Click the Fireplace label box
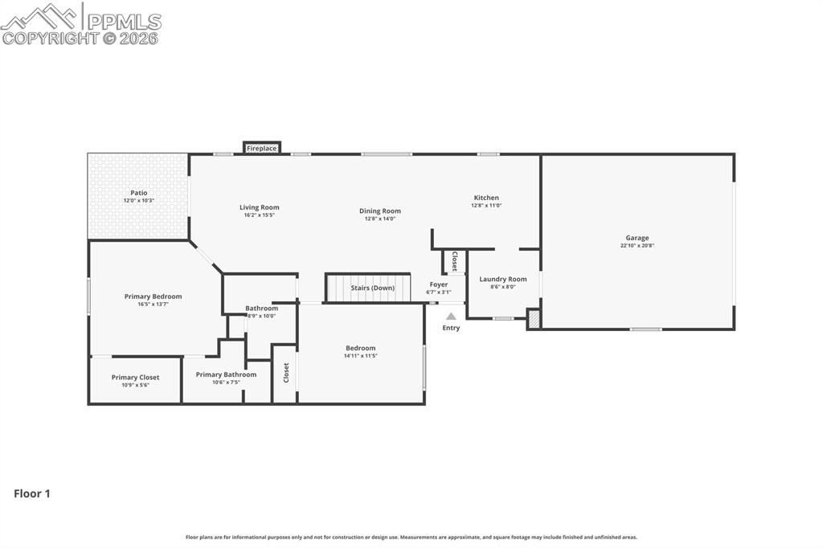pos(261,148)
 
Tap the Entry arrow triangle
pos(451,317)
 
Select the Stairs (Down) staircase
pos(368,287)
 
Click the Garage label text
pos(637,238)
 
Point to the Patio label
pos(139,193)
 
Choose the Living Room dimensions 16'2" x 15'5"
pos(260,215)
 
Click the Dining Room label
pos(380,211)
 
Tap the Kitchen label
pos(486,198)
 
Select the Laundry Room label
pos(503,280)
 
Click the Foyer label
pos(439,284)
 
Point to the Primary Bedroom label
pos(153,296)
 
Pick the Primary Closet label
pos(135,377)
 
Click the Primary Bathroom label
pos(226,374)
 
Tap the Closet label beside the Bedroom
pos(285,372)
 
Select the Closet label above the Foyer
pos(454,261)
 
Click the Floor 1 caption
pos(32,493)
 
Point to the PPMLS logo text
pos(123,22)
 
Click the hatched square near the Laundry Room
pos(534,319)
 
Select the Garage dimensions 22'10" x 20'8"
pos(637,246)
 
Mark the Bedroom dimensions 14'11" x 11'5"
pos(361,356)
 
